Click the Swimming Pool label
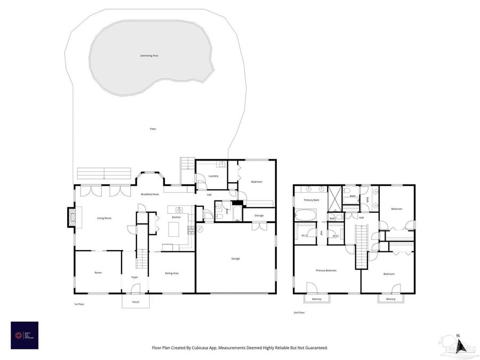click(149, 55)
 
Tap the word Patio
click(153, 129)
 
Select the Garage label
click(235, 259)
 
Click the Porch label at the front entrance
click(135, 301)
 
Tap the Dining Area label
click(172, 273)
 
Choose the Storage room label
click(259, 215)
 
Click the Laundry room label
click(213, 175)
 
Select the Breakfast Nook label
click(150, 194)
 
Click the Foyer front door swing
click(135, 289)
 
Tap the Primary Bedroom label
click(326, 270)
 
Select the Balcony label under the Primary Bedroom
click(317, 299)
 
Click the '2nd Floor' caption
click(299, 313)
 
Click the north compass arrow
click(459, 344)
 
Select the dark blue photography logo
click(25, 335)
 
